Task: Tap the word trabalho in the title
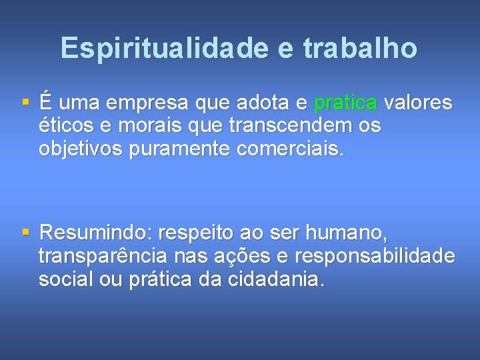(361, 48)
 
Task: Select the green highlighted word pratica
(345, 103)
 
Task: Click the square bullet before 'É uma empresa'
(25, 103)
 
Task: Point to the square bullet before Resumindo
(25, 233)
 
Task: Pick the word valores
(419, 103)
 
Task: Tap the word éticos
(67, 126)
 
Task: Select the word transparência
(103, 256)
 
